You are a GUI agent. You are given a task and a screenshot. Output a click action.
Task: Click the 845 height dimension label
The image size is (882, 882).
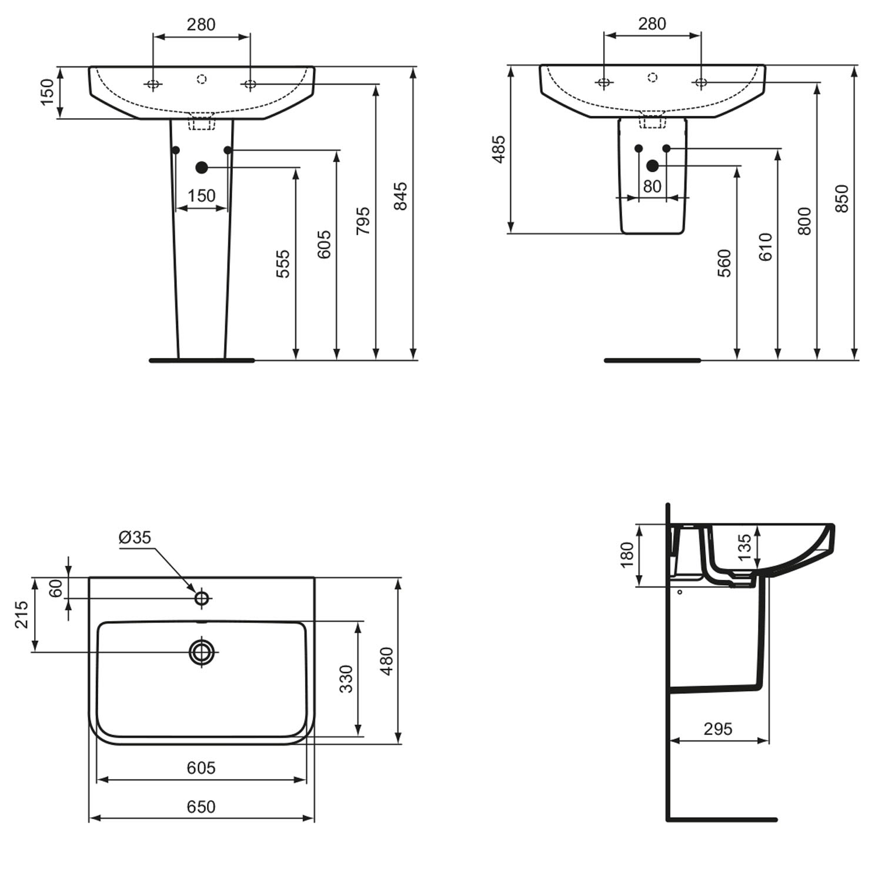400,196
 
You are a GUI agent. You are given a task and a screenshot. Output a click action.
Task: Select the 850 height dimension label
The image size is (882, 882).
841,198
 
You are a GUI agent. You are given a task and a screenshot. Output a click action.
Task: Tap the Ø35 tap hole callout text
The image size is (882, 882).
135,537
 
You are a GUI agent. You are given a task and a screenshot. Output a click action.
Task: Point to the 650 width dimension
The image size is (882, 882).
201,807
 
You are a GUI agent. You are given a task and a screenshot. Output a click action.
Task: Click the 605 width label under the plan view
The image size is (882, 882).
201,767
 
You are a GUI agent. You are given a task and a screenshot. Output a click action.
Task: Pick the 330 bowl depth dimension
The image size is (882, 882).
346,679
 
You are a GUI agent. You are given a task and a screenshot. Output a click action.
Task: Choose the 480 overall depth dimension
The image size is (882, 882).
386,661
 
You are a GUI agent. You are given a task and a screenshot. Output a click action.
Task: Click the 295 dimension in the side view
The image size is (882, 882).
718,729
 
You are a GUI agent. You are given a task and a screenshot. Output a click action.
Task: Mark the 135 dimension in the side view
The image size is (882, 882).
744,547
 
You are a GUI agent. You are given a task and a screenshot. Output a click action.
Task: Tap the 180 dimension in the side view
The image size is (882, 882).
627,554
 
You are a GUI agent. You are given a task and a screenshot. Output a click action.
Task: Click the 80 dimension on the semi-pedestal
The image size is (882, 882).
652,186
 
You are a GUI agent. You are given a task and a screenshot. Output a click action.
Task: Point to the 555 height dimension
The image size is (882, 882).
283,263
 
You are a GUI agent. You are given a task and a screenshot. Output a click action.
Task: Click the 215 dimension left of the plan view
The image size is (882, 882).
22,614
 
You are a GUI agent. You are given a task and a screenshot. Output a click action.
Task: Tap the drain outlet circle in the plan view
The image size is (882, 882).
202,651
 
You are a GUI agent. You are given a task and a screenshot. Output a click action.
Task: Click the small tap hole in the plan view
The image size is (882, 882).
202,599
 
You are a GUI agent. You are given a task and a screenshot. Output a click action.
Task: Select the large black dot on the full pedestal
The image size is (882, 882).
202,168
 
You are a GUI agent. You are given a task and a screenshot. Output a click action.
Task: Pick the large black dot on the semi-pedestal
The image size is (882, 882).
653,166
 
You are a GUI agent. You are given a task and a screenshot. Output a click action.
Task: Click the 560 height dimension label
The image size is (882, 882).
724,263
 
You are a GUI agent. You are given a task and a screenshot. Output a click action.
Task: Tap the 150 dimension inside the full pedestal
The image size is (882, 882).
202,195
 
